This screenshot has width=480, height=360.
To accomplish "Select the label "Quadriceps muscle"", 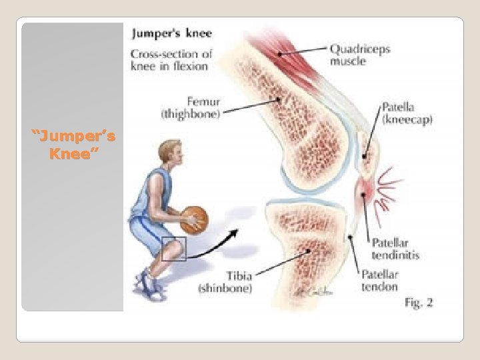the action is pyautogui.click(x=359, y=55).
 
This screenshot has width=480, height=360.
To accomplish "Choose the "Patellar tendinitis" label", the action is pyautogui.click(x=395, y=249).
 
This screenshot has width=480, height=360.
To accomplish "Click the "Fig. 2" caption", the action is pyautogui.click(x=419, y=303).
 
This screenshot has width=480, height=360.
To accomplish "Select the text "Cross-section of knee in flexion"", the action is pyautogui.click(x=170, y=59).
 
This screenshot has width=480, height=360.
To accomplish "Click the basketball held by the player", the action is pyautogui.click(x=194, y=218).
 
